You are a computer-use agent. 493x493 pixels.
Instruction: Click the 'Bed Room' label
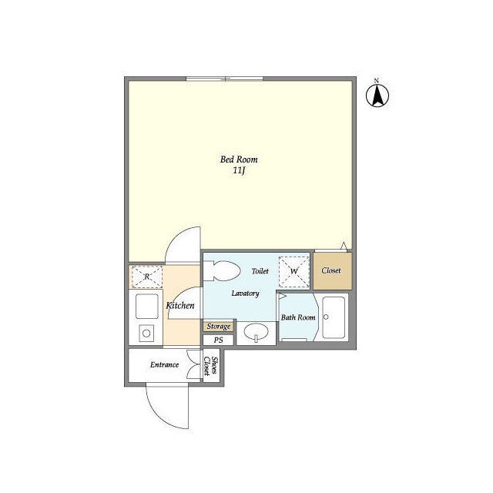pyautogui.click(x=239, y=159)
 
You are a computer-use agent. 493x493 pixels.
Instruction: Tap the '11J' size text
pyautogui.click(x=239, y=171)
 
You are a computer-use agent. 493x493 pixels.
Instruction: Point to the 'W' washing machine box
pyautogui.click(x=294, y=272)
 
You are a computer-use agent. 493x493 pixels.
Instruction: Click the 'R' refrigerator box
pyautogui.click(x=147, y=277)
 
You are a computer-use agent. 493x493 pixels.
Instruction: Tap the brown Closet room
pyautogui.click(x=332, y=270)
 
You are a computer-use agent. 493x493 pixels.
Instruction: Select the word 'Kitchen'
pyautogui.click(x=180, y=305)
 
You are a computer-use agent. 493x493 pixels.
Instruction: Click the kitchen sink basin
pyautogui.click(x=147, y=307)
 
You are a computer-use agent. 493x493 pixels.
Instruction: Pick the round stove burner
pyautogui.click(x=146, y=334)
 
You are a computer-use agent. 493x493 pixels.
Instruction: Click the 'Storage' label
pyautogui.click(x=219, y=327)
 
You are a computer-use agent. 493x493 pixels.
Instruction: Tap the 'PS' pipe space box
pyautogui.click(x=218, y=340)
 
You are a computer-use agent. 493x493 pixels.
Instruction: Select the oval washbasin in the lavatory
pyautogui.click(x=257, y=332)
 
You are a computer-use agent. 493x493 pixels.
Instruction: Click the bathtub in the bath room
pyautogui.click(x=334, y=317)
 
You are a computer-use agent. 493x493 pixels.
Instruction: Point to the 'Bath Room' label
pyautogui.click(x=298, y=317)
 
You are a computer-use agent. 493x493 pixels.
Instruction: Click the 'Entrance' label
pyautogui.click(x=164, y=364)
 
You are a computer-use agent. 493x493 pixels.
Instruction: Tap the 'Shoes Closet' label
pyautogui.click(x=210, y=366)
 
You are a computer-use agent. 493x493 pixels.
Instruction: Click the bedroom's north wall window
pyautogui.click(x=224, y=79)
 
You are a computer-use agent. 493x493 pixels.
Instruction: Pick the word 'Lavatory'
pyautogui.click(x=245, y=293)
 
